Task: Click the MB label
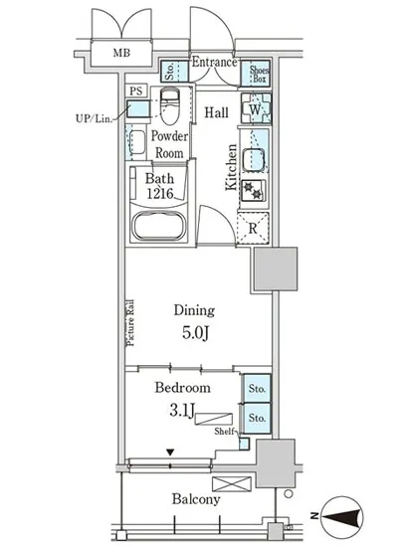pyautogui.click(x=121, y=53)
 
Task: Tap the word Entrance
pyautogui.click(x=214, y=62)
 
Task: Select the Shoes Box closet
pyautogui.click(x=256, y=74)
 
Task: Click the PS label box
pyautogui.click(x=136, y=91)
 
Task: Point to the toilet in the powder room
pyautogui.click(x=170, y=105)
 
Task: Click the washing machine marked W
pyautogui.click(x=256, y=108)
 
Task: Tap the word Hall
pyautogui.click(x=216, y=112)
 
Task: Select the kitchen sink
pyautogui.click(x=254, y=160)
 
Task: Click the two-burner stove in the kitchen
pyautogui.click(x=254, y=191)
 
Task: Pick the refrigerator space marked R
pyautogui.click(x=253, y=228)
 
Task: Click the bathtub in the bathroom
pyautogui.click(x=159, y=225)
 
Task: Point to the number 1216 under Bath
pyautogui.click(x=159, y=193)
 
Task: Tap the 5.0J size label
pyautogui.click(x=195, y=332)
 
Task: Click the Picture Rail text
pyautogui.click(x=130, y=322)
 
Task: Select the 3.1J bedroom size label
pyautogui.click(x=181, y=410)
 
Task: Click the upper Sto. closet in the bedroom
pyautogui.click(x=257, y=388)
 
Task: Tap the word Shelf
pyautogui.click(x=224, y=432)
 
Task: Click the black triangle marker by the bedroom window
pyautogui.click(x=170, y=453)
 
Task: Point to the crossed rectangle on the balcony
pyautogui.click(x=231, y=484)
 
